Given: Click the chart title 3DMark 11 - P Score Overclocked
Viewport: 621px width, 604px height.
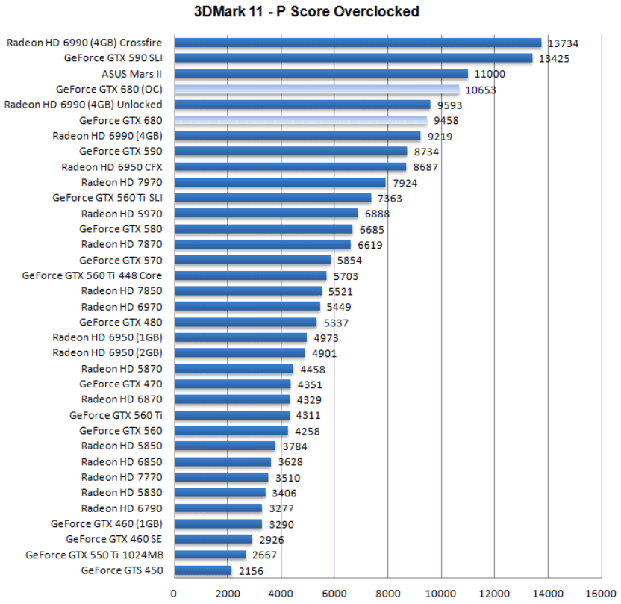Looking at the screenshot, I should tap(310, 11).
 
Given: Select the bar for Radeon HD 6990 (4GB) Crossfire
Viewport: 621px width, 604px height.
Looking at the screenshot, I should tap(358, 43).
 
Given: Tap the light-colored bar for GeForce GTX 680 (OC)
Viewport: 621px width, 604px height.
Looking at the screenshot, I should tap(316, 90).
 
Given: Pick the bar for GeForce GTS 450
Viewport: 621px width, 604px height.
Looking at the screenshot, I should tap(203, 571).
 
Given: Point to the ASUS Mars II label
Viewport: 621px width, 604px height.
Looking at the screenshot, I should tap(131, 74).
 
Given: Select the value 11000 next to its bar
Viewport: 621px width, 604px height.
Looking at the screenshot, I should tap(490, 75).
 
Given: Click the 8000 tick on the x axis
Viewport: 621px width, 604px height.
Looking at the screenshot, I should tap(387, 593).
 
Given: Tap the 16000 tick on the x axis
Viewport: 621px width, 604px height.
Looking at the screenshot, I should tap(601, 593).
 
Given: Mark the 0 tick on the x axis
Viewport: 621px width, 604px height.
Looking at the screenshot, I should tap(174, 593).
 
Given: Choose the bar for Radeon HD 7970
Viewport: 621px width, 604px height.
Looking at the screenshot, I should tap(280, 182).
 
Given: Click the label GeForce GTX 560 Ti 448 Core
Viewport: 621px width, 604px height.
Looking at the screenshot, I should tap(92, 275).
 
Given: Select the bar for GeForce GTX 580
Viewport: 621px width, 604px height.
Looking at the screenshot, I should tap(263, 229).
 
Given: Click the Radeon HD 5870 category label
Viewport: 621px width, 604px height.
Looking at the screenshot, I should tap(121, 369).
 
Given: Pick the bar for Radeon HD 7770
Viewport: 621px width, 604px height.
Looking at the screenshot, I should tap(221, 477).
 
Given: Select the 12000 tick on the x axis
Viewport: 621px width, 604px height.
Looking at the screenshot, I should tap(494, 593).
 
